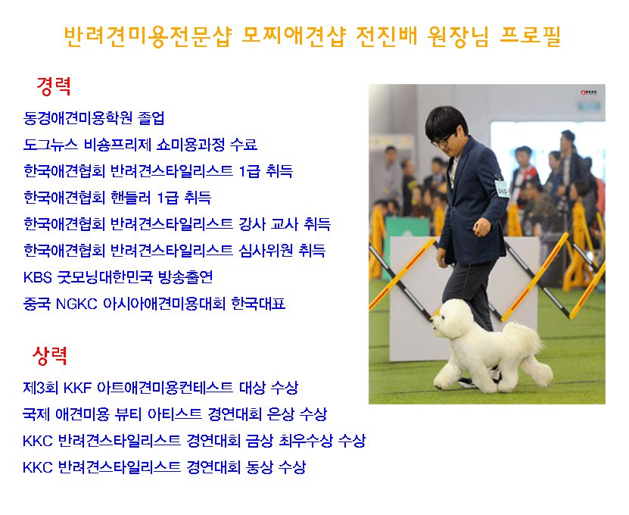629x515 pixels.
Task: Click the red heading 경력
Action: click(54, 86)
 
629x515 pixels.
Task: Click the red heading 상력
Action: click(50, 356)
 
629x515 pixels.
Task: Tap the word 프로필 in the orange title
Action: click(531, 36)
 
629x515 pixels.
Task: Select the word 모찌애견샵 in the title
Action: click(294, 36)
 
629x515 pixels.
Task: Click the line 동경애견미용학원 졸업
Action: click(94, 117)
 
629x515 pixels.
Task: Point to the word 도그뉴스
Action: click(50, 144)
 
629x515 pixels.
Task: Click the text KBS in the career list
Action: click(37, 277)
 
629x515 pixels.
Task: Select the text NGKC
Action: click(76, 304)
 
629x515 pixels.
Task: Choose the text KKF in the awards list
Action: click(78, 388)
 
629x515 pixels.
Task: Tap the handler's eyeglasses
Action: click(443, 141)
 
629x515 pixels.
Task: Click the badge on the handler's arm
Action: click(502, 189)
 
